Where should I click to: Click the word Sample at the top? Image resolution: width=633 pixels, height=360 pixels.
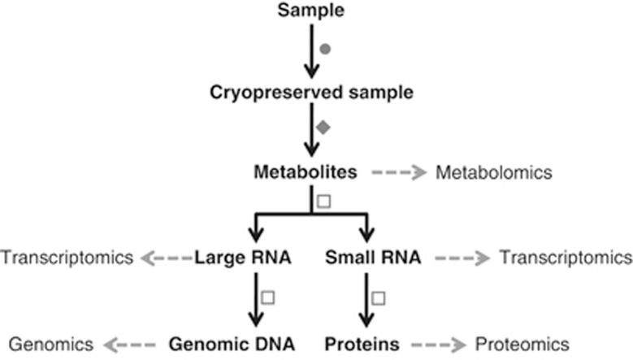tap(310, 11)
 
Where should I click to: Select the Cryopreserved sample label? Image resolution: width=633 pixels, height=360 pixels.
tap(310, 92)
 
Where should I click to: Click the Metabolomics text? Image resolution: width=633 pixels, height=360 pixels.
tap(494, 173)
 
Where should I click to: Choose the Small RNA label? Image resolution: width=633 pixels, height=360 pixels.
tap(373, 258)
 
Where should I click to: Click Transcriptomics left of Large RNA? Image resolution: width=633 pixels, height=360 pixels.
tap(67, 258)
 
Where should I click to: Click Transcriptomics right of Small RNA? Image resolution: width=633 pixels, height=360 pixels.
tap(566, 258)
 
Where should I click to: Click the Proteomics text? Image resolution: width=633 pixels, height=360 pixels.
tap(522, 345)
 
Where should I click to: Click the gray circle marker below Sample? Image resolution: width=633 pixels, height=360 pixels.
tap(326, 50)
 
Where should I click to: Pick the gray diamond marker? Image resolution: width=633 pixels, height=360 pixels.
tap(323, 127)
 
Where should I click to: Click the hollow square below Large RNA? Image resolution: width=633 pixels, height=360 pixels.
tap(268, 297)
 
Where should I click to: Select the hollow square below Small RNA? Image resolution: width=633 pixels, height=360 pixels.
tap(379, 297)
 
